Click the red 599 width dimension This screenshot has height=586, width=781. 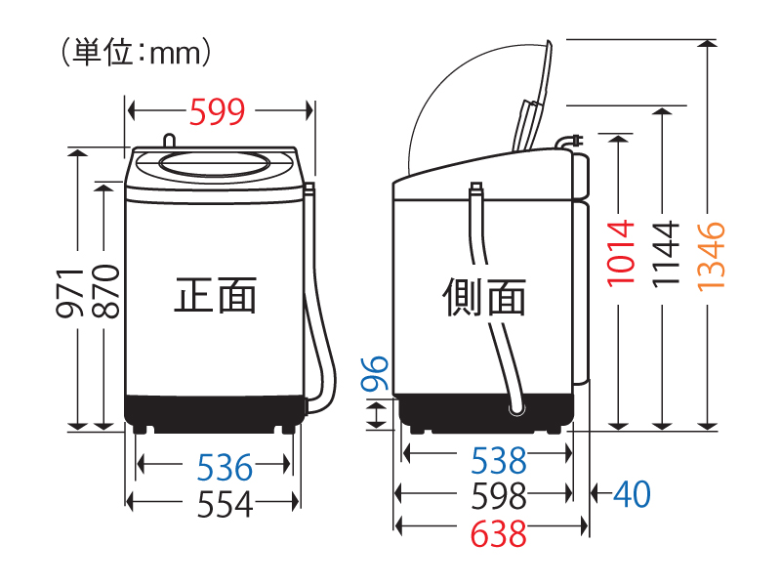(217, 111)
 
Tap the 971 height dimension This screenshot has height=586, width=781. (69, 293)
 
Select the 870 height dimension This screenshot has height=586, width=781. (105, 292)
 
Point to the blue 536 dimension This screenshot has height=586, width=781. (225, 468)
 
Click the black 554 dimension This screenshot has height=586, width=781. (226, 504)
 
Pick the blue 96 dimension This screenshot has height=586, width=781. (375, 373)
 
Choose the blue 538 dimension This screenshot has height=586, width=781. (499, 460)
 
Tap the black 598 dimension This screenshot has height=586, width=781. (499, 496)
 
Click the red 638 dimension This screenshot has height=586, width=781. (499, 533)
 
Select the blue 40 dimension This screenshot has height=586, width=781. (632, 494)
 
